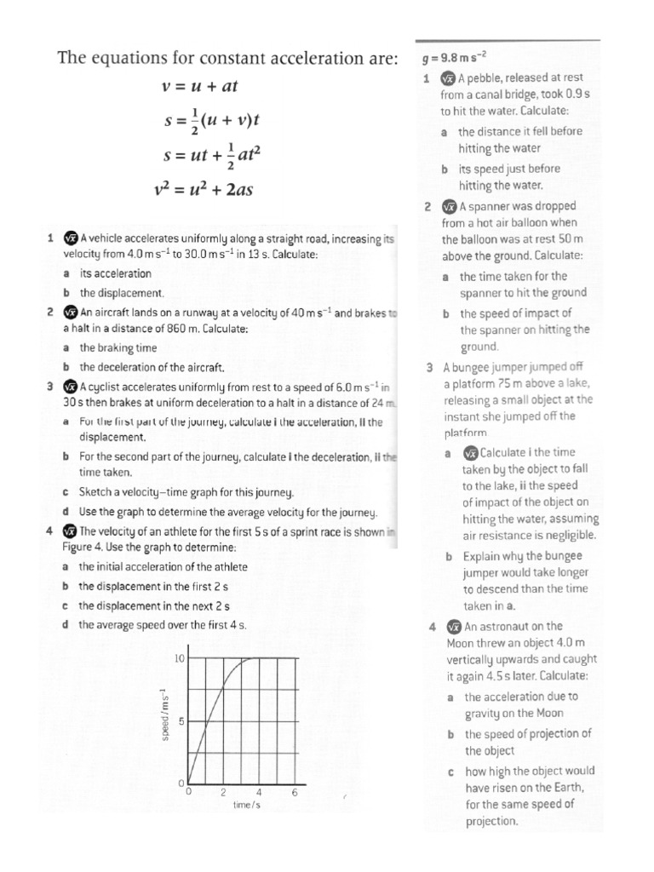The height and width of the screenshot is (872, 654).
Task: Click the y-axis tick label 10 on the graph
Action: [180, 659]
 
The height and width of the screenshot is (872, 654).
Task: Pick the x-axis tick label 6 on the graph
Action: [294, 793]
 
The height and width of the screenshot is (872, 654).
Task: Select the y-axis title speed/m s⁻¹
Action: [164, 714]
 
